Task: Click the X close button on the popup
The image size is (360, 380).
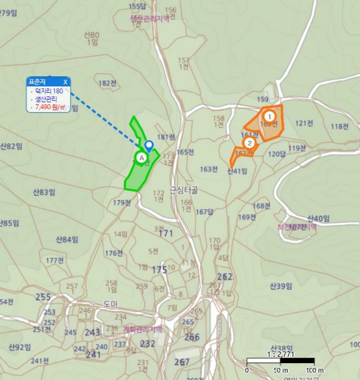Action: click(x=65, y=82)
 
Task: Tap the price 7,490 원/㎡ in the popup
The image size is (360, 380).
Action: click(x=50, y=107)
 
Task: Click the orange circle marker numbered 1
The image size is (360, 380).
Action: click(x=268, y=116)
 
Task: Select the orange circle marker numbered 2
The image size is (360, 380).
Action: click(x=249, y=143)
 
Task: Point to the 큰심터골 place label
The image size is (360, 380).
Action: click(x=184, y=190)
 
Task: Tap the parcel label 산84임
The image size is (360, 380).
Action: click(x=67, y=239)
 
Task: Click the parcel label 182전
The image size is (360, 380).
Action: click(x=108, y=83)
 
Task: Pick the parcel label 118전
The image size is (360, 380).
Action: click(x=340, y=126)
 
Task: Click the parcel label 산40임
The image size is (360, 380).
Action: click(x=318, y=218)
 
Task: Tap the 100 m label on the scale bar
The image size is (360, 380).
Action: click(x=313, y=370)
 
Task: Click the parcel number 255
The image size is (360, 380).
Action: click(x=43, y=297)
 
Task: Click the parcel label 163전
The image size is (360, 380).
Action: click(x=209, y=169)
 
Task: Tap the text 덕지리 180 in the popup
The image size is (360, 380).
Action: click(x=49, y=91)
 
